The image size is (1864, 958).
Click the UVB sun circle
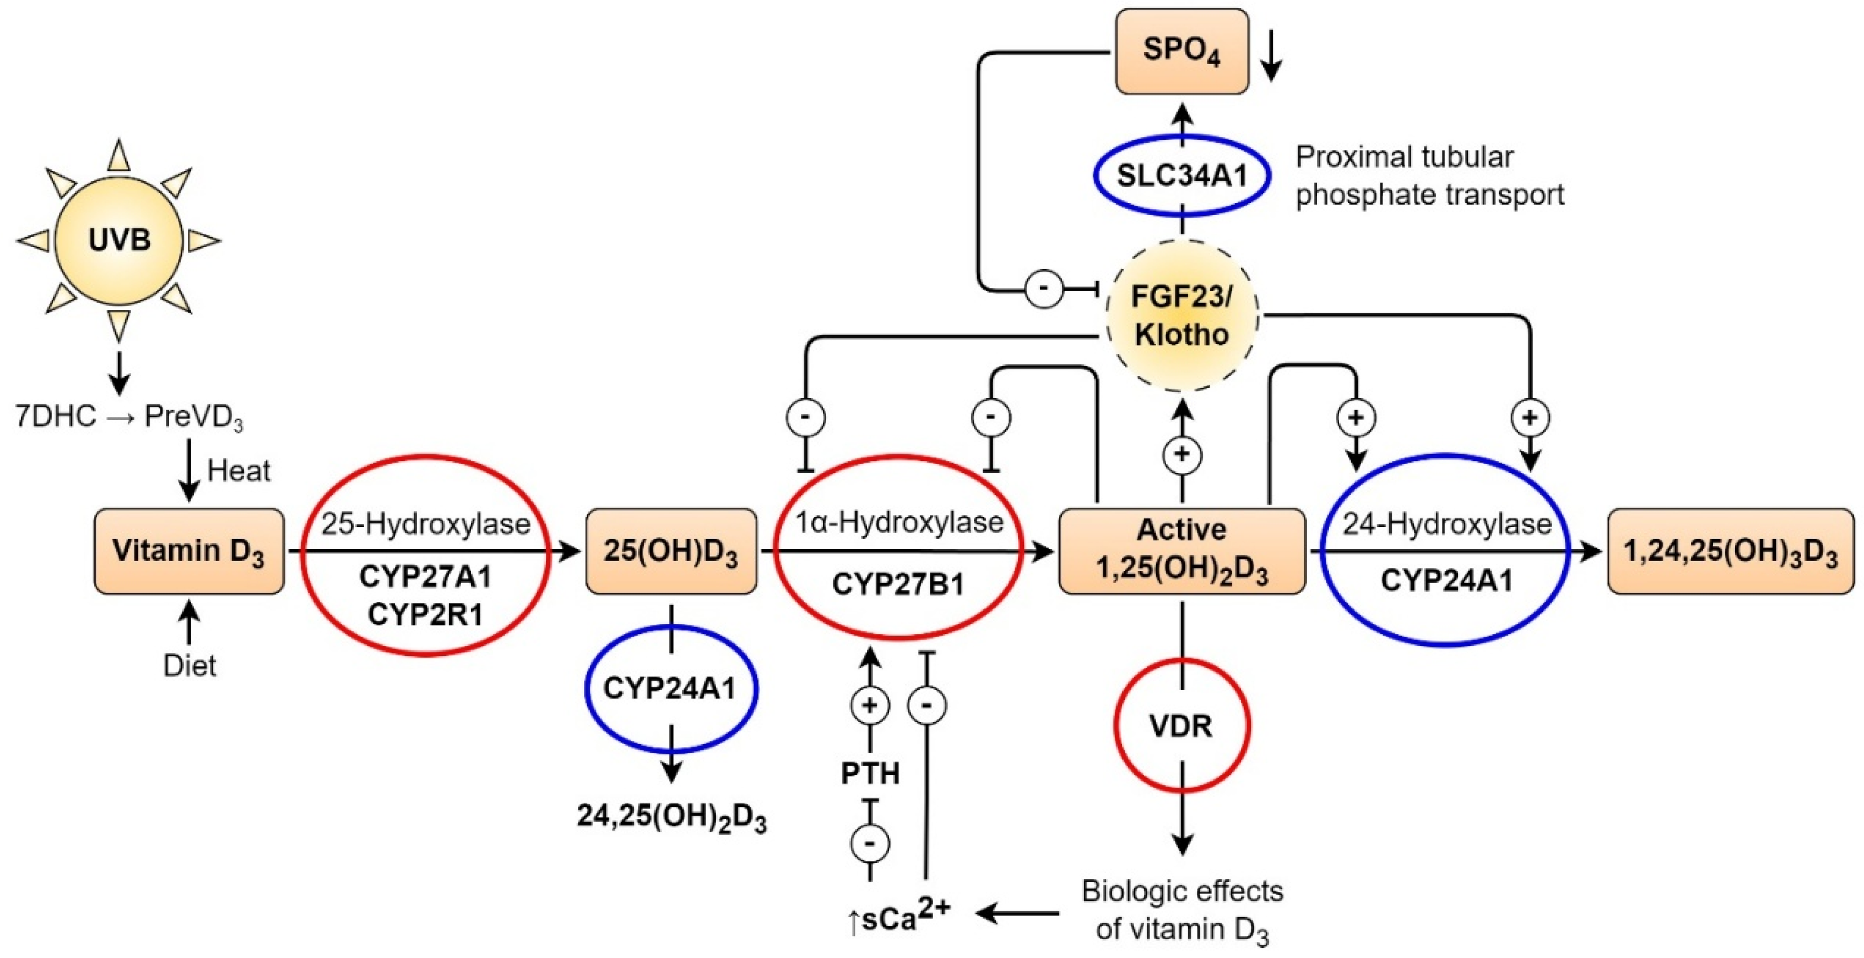(x=119, y=240)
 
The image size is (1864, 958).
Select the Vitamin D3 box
(x=189, y=551)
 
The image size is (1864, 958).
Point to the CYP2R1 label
(x=425, y=614)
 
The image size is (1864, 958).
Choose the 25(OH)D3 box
(x=671, y=551)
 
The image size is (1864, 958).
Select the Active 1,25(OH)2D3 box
(x=1182, y=551)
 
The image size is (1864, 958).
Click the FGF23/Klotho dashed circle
(x=1182, y=316)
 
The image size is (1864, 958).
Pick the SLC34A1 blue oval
(x=1182, y=176)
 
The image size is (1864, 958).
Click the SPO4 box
(x=1182, y=52)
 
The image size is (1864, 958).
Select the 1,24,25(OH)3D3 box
(x=1730, y=551)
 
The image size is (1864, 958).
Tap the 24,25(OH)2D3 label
(x=671, y=818)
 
